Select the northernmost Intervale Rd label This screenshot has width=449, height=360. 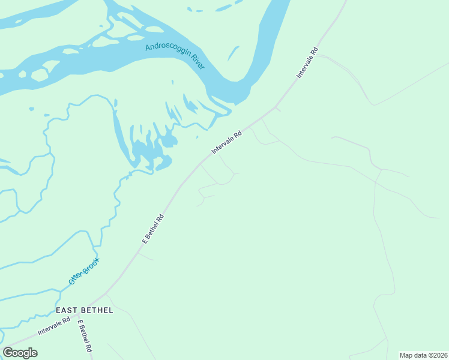coord(307,62)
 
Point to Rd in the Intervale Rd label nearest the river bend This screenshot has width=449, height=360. coord(238,133)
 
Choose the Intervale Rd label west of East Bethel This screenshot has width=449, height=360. coord(54,326)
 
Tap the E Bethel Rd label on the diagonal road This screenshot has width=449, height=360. coord(153,229)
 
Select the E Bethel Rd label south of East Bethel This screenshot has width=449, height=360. coord(85,336)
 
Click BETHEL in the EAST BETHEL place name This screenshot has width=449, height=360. coord(98,310)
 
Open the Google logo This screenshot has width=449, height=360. coord(20,353)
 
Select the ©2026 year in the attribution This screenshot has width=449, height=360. coord(438,355)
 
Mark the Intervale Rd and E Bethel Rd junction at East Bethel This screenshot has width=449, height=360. coord(78,314)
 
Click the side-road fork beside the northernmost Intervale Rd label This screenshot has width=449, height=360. coord(316,55)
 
